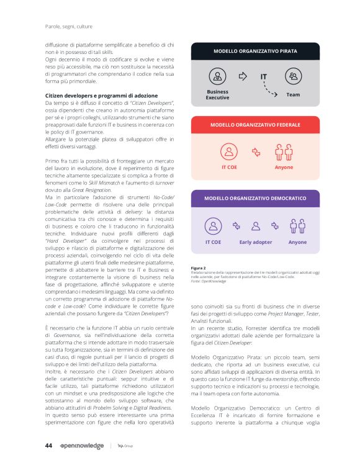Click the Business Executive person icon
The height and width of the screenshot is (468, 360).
coord(218,77)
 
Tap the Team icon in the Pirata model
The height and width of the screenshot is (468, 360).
coord(293,77)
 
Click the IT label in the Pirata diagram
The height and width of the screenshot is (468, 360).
coord(263,77)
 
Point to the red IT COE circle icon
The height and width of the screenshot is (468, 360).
coord(230,151)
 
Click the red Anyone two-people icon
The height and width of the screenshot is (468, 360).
coord(284,151)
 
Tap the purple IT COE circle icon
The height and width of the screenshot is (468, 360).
coord(213,226)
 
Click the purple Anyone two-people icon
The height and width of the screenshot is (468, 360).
coord(298,226)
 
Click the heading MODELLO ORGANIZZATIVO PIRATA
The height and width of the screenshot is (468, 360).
coord(255,51)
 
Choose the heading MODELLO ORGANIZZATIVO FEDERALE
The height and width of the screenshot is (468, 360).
coord(255,125)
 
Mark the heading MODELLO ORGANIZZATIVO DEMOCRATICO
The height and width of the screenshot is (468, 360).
coord(255,199)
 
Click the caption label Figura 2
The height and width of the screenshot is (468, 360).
coord(199,268)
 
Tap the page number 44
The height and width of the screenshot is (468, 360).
coord(48,445)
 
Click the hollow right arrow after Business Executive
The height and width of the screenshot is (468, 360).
coord(243,77)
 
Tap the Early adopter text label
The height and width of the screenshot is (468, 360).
coord(256,242)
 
